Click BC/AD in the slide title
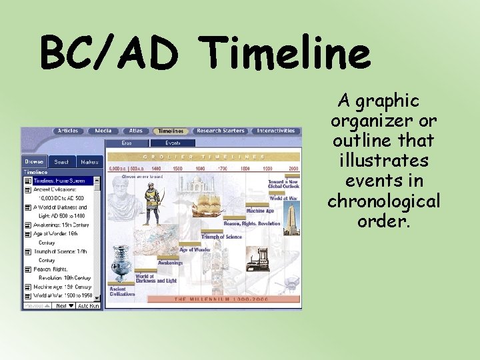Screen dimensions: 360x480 coord(109,53)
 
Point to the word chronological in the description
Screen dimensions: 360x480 coord(383,201)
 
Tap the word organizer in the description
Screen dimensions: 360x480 coord(383,121)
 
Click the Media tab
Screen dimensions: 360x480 coord(103,131)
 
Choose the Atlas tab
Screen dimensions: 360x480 coord(136,131)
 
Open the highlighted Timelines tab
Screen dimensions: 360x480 coord(171,131)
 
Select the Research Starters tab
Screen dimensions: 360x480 coord(221,131)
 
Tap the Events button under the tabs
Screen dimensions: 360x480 coord(173,143)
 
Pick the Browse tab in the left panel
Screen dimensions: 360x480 coord(34,161)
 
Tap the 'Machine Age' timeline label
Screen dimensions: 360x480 coord(259,211)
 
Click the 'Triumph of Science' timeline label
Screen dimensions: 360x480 coord(222,237)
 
